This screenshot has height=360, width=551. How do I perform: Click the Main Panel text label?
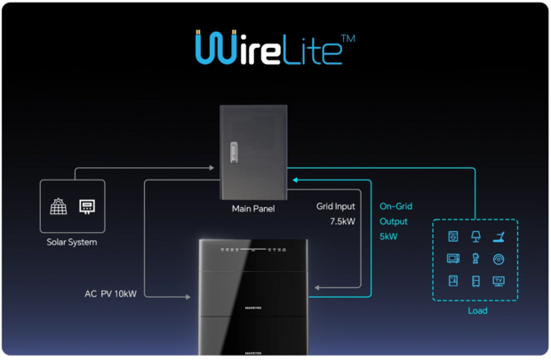[x=253, y=210]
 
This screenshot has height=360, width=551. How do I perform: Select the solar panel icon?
[x=58, y=207]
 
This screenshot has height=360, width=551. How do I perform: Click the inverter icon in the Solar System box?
[x=88, y=207]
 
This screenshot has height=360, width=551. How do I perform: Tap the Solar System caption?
[x=72, y=242]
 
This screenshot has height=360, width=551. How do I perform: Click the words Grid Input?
[x=336, y=206]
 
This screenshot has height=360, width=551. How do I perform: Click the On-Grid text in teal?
[x=395, y=206]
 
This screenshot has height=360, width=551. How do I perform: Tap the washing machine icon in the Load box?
[x=453, y=237]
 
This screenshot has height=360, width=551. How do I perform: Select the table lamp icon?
[x=475, y=237]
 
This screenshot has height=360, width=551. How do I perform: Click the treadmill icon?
[x=499, y=237]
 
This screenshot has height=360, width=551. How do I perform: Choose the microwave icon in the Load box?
[x=453, y=260]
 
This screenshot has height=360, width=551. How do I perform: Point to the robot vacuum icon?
[x=499, y=260]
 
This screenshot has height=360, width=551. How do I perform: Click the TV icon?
[x=499, y=282]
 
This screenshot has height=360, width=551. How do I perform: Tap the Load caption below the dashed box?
[x=476, y=311]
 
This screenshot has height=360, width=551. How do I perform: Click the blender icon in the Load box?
[x=475, y=260]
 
